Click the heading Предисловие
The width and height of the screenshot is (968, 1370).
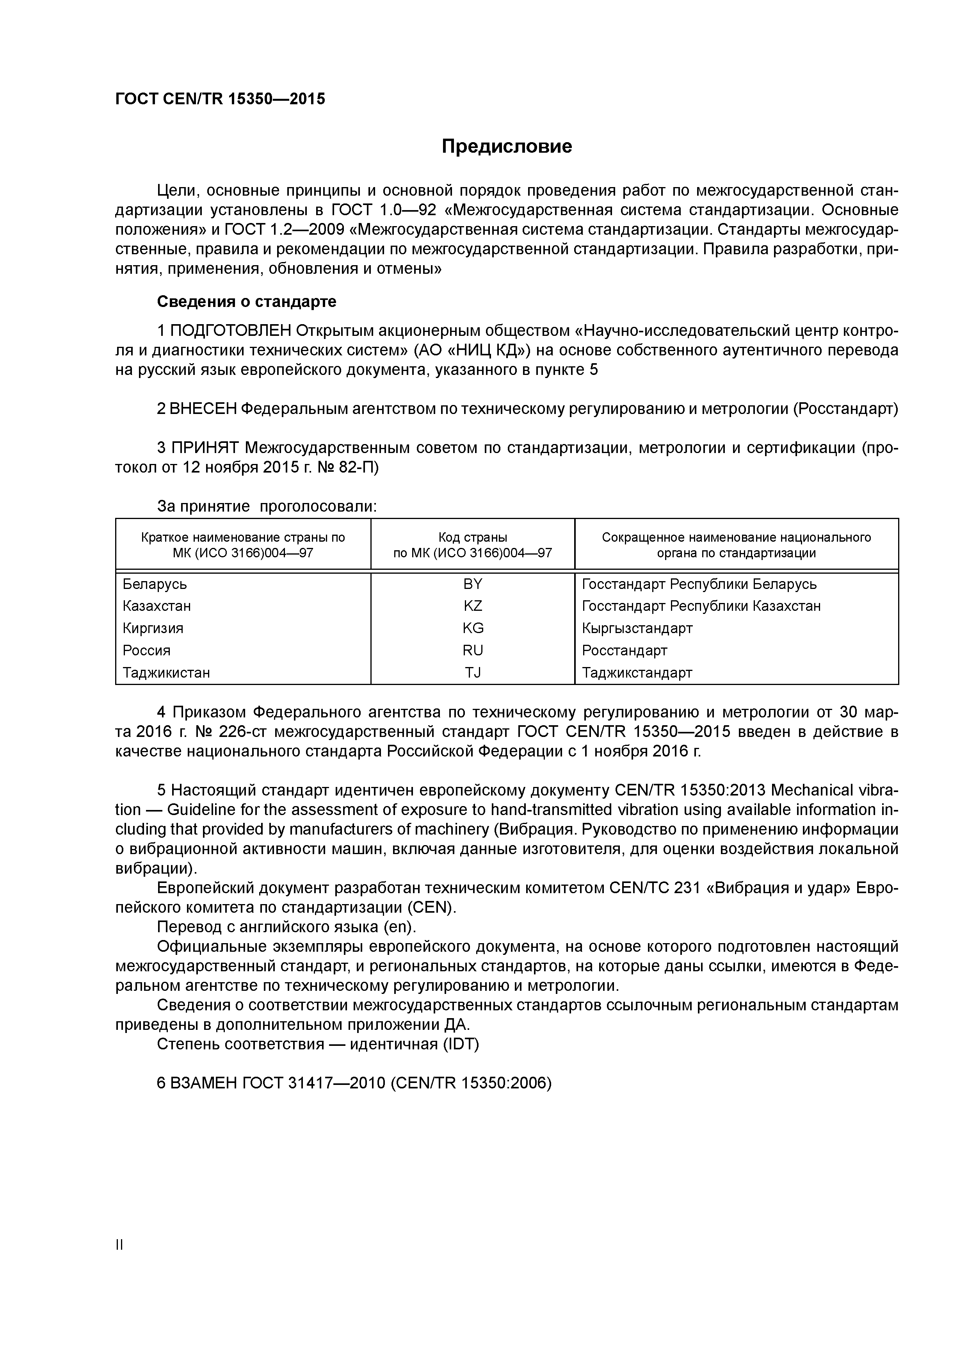[x=506, y=146]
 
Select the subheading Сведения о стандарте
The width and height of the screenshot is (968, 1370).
[x=246, y=302]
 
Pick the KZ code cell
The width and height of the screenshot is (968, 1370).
[x=472, y=606]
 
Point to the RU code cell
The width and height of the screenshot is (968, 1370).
[x=472, y=650]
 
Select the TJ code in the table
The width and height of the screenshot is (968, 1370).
[x=472, y=673]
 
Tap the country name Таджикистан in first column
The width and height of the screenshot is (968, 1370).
[x=166, y=673]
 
